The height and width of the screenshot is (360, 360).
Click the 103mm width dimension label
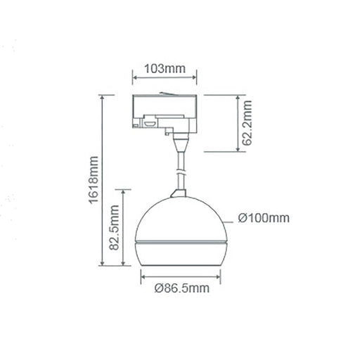pyautogui.click(x=164, y=69)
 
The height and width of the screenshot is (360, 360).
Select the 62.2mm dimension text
pyautogui.click(x=246, y=122)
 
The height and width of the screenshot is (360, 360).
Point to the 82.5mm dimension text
pyautogui.click(x=115, y=226)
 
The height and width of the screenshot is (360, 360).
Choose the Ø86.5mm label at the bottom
pyautogui.click(x=181, y=289)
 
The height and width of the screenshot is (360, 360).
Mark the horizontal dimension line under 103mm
pyautogui.click(x=164, y=79)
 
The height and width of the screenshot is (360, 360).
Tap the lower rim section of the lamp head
pyautogui.click(x=181, y=257)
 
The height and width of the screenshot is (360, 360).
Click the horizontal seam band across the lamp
pyautogui.click(x=181, y=243)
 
